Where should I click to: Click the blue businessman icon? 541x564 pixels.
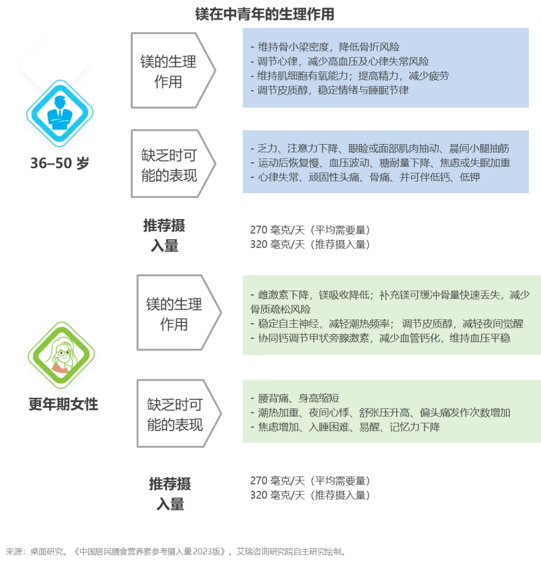coord(60,116)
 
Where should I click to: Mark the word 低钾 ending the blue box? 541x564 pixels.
coord(470,177)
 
